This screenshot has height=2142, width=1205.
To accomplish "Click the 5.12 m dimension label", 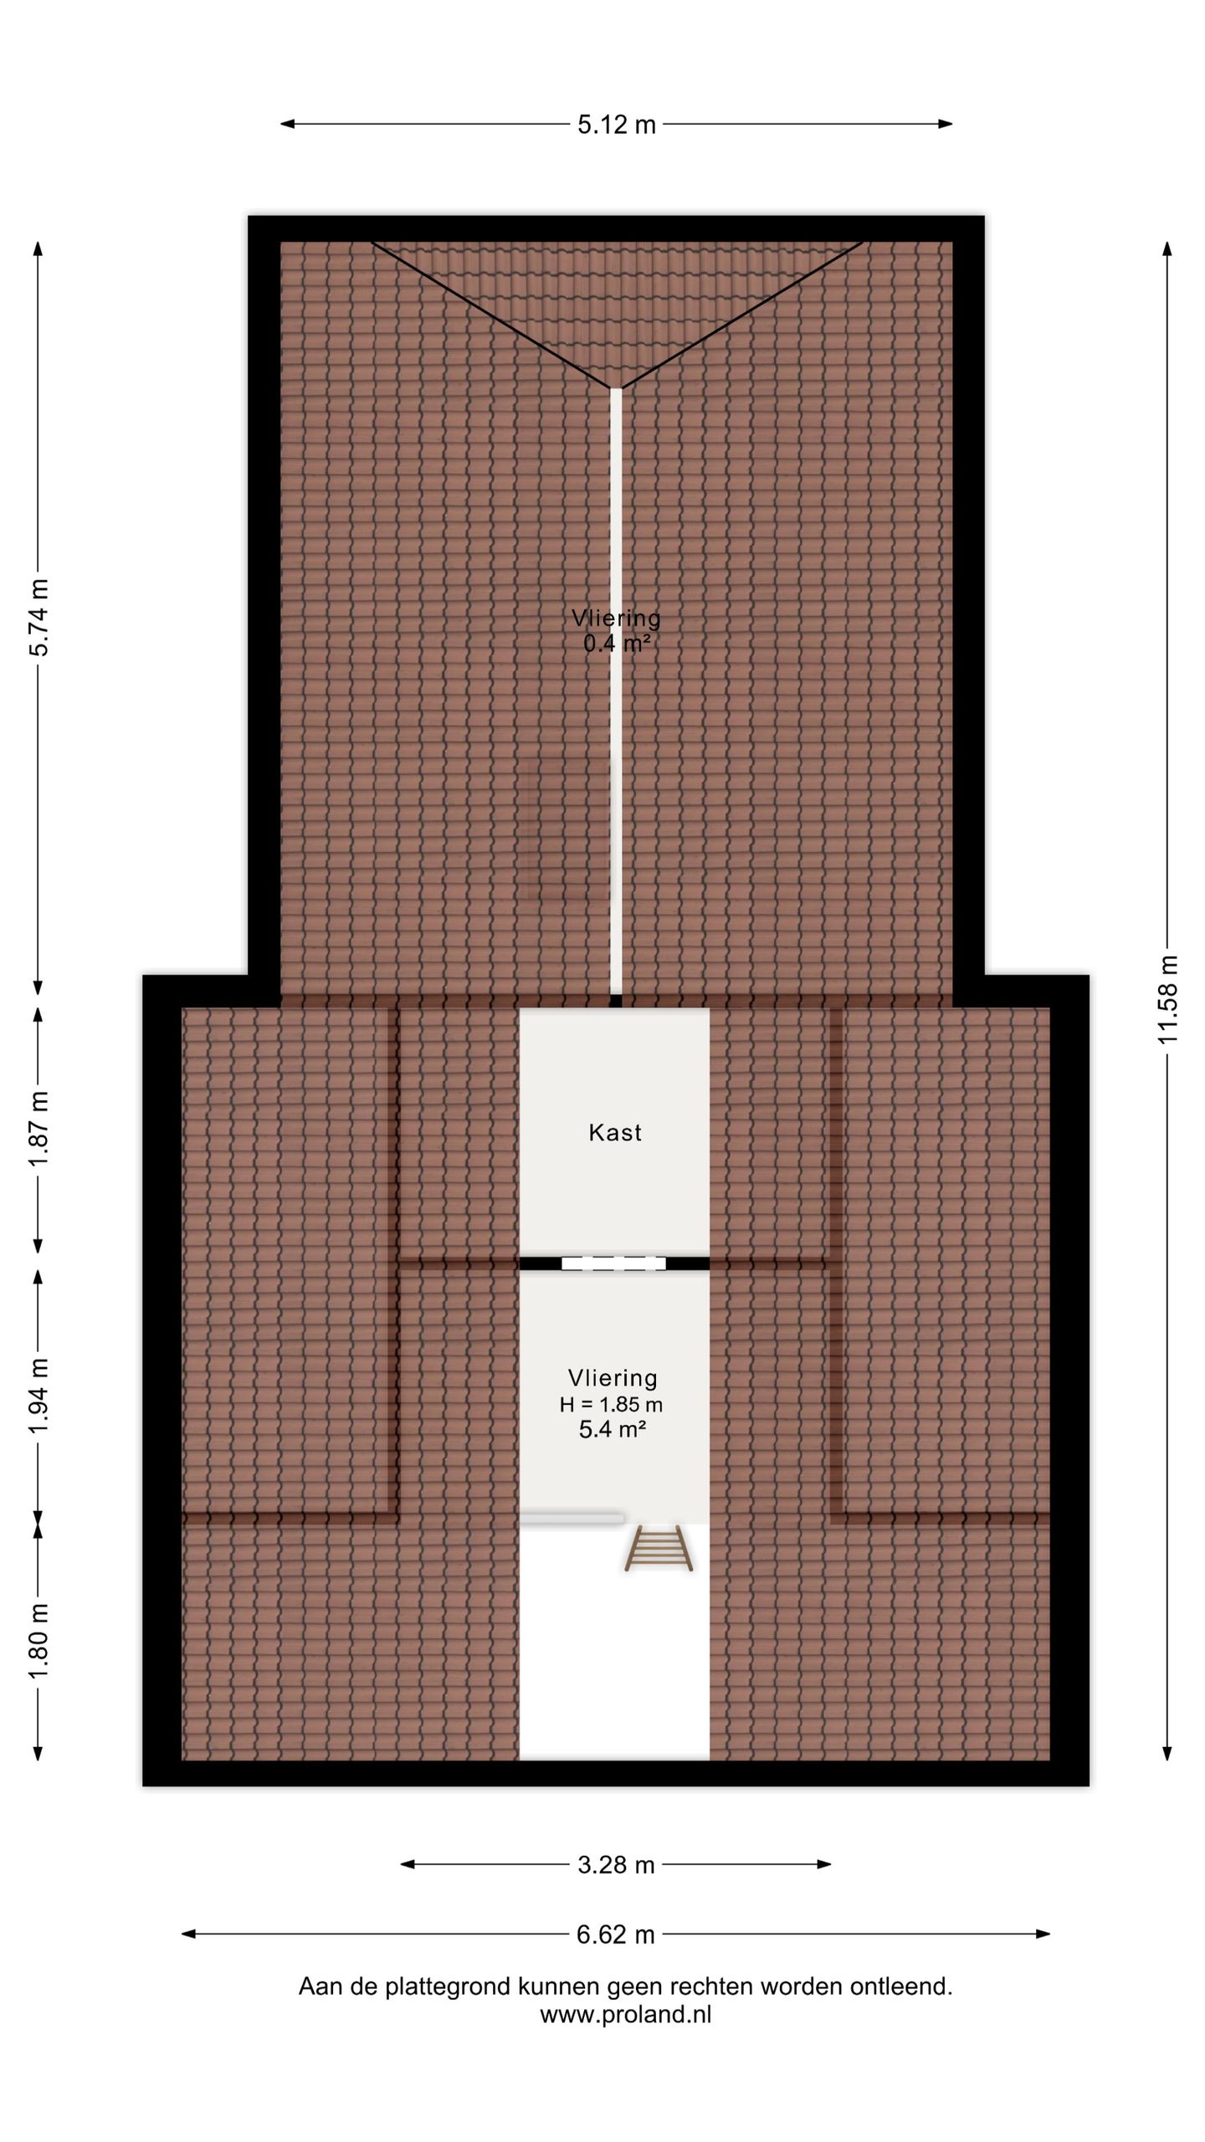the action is (x=617, y=125).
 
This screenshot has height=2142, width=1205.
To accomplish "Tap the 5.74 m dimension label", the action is (x=38, y=617).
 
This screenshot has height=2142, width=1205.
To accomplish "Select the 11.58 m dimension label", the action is (x=1167, y=999).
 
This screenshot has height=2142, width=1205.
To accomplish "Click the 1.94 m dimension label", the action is (x=38, y=1395).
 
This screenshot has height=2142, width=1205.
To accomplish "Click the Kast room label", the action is (x=615, y=1132).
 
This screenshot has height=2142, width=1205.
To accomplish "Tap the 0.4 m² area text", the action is (x=617, y=643).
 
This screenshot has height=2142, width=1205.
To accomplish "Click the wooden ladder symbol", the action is (x=659, y=1547).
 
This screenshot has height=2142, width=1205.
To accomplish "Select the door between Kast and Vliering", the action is (x=613, y=1263).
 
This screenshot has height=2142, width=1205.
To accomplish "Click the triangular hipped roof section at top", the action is (x=616, y=301).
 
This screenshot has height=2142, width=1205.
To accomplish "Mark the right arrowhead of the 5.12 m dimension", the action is (x=945, y=124).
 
